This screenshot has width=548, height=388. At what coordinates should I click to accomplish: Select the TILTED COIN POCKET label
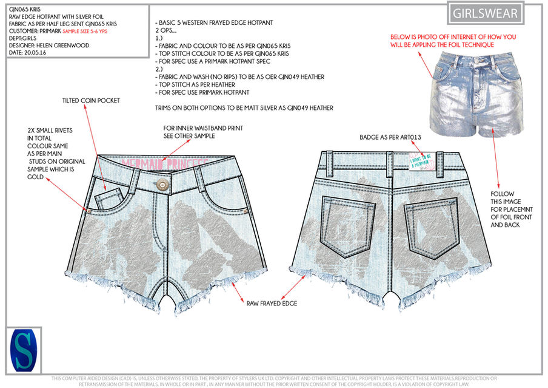[x=91, y=100]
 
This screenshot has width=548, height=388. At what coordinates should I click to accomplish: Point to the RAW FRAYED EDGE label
[x=272, y=303]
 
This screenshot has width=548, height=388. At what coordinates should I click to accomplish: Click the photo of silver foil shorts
[x=473, y=94]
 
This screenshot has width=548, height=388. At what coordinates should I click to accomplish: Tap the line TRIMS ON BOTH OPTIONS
[x=244, y=107]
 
